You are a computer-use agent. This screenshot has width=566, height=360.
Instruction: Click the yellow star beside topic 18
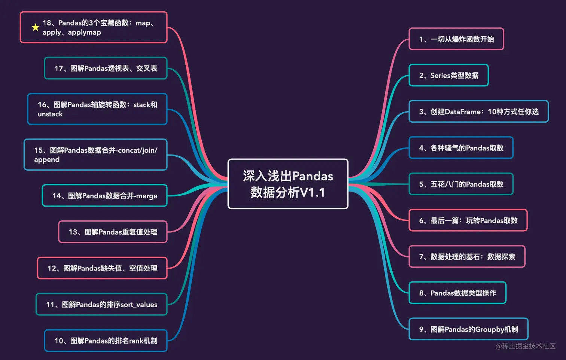[35, 27]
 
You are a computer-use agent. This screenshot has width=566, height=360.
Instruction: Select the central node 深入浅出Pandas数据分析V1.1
[287, 184]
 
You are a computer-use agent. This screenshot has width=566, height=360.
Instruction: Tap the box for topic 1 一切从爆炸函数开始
[456, 39]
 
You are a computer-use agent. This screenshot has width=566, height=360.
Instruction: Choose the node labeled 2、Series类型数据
[448, 75]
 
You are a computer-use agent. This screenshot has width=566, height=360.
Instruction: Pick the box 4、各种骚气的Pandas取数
[461, 148]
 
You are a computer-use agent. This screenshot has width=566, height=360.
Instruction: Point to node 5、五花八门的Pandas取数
[461, 184]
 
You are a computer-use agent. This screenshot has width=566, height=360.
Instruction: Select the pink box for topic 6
[468, 220]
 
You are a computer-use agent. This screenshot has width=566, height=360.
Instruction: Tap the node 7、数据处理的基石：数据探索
[467, 257]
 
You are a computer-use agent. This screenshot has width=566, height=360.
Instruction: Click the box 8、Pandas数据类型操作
[457, 293]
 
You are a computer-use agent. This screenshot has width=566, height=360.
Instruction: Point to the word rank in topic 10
[136, 341]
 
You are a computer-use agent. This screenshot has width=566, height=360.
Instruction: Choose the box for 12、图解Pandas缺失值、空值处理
[102, 268]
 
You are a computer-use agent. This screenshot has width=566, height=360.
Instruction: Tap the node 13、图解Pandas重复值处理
[113, 232]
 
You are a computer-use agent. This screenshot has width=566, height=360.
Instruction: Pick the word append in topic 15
[47, 160]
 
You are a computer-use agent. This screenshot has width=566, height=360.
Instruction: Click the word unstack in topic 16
[50, 114]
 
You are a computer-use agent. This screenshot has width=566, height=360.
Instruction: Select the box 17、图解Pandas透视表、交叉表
[106, 68]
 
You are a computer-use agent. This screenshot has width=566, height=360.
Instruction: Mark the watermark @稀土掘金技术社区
[526, 346]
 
